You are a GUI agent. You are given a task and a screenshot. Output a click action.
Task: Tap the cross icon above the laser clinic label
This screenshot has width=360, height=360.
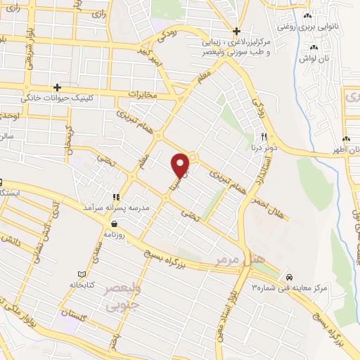pos(237,31)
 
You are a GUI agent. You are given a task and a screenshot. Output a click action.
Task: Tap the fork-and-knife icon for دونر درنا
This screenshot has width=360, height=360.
pos(264,136)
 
